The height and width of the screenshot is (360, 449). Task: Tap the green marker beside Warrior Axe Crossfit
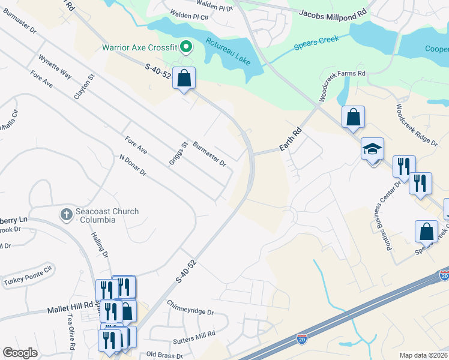click(186, 46)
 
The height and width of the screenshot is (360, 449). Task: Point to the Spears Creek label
click(316, 43)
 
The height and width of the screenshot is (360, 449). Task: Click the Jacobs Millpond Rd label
click(333, 12)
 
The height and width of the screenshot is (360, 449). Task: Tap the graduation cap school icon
click(372, 148)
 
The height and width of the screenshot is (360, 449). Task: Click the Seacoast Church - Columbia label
click(107, 215)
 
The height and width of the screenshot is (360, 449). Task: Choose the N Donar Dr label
click(133, 166)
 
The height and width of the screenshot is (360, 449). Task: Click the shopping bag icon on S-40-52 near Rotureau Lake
click(184, 78)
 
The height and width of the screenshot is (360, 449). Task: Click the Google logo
click(20, 353)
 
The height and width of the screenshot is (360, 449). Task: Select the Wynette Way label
click(54, 67)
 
